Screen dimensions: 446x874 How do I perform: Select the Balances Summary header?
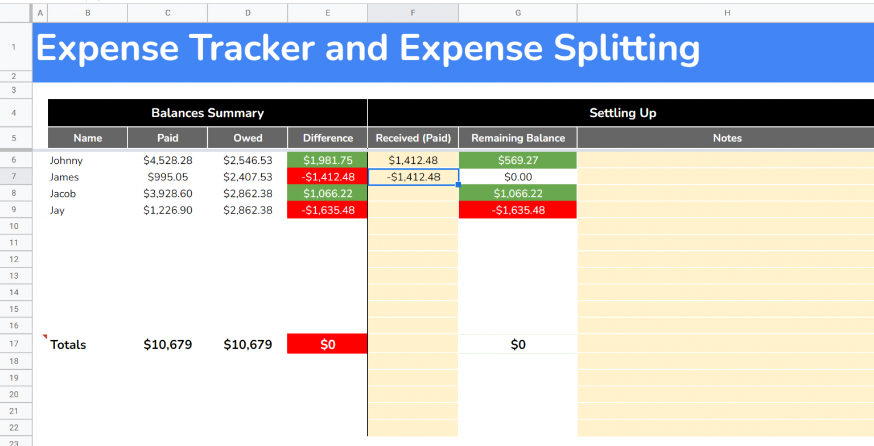207,113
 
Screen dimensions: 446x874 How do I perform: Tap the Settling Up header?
622,113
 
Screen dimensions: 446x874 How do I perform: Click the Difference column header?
328,138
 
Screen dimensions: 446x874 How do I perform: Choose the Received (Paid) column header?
413,138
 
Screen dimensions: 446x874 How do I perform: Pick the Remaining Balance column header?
518,138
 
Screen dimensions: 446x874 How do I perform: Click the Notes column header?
727,138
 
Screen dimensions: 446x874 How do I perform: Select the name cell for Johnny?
66,160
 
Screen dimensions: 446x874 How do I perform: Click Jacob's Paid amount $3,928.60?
168,193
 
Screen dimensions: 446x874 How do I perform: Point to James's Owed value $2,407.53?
248,177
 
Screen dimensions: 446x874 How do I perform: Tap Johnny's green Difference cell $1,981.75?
328,160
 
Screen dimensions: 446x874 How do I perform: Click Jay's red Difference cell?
328,210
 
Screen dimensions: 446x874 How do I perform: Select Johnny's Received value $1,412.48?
413,160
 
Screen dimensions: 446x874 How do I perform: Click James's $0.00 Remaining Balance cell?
518,177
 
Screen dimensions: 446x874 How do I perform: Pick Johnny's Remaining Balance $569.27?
518,160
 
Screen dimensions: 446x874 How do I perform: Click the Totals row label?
68,345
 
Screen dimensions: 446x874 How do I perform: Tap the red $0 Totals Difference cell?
328,344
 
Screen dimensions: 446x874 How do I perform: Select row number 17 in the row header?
14,344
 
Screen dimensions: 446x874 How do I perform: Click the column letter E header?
328,13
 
